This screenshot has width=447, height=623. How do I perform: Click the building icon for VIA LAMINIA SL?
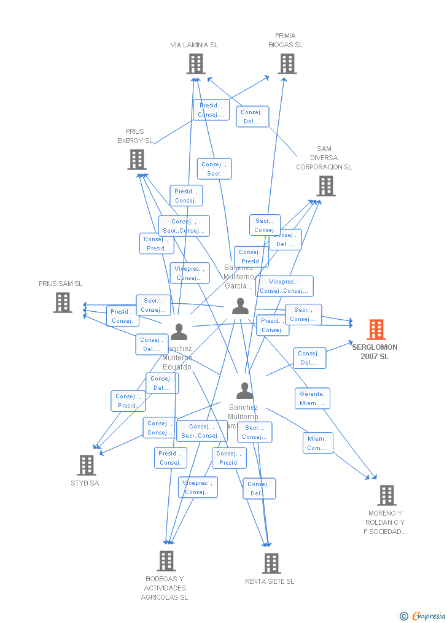pos(196,64)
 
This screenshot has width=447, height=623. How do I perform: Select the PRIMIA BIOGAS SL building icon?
pos(287,64)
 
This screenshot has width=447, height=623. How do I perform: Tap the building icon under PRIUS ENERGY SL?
pos(137,160)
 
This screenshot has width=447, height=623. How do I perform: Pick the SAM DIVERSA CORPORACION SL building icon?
pos(325,186)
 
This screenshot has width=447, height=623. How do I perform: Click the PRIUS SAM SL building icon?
pos(63,303)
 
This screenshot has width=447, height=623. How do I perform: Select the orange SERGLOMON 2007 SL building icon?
pos(376,330)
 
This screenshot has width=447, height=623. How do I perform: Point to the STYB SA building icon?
pos(87,465)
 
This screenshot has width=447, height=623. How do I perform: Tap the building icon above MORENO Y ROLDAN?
pos(386,495)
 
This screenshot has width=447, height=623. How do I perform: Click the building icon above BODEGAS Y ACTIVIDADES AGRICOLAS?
pos(166,560)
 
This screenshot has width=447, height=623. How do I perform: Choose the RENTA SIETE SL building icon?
pos(271,563)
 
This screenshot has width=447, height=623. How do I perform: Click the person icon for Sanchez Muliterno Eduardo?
pos(179,332)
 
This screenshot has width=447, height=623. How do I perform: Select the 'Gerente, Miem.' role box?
pos(312,398)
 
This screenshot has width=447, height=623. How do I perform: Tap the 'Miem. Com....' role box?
pos(317,443)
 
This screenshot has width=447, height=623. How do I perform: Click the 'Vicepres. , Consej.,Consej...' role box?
pos(284,286)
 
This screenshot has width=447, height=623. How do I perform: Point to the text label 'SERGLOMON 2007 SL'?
pos(375,352)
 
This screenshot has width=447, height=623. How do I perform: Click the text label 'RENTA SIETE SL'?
pos(270,581)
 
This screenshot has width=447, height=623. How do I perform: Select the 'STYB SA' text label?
pos(85,483)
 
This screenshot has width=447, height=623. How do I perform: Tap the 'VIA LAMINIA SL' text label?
pos(194,45)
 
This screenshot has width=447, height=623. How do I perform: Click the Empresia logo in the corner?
pos(423,616)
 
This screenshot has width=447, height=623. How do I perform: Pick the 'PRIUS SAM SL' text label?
pos(60,284)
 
